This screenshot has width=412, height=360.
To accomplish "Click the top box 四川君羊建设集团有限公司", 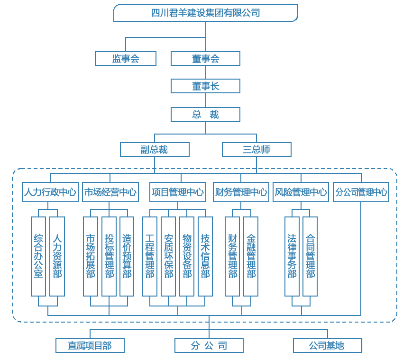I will tap(206, 13).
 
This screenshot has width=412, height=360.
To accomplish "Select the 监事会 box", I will tap(126, 59).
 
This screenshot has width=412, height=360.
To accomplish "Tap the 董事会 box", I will tap(205, 59).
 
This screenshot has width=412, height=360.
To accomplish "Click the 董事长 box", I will tap(205, 86).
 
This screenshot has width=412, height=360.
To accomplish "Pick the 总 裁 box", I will tap(205, 115).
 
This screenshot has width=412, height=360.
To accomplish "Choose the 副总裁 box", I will tap(155, 150).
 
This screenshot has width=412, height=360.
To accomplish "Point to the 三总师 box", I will tap(256, 150).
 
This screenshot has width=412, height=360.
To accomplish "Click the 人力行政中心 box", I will tap(50, 192).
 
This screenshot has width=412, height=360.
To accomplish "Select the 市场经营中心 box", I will tap(110, 192).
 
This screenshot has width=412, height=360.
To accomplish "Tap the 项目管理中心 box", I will tap(178, 192).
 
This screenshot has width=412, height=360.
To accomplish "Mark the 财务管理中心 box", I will tap(241, 192).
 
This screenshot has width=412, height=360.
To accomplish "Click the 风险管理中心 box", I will tap(301, 192).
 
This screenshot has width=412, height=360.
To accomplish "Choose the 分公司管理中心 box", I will tap(361, 192).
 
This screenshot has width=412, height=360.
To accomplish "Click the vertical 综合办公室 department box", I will tap(38, 256).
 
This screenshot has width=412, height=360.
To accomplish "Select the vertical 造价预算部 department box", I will tap(127, 256).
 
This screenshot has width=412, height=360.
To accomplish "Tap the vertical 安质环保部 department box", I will tap(168, 256).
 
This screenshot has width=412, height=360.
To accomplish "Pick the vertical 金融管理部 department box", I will tap(251, 256).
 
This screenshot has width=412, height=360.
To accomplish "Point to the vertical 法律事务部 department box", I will tap(292, 256).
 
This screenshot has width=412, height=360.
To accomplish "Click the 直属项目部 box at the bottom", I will tap(90, 346).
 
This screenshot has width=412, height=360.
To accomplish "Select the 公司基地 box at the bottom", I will tap(328, 346).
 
